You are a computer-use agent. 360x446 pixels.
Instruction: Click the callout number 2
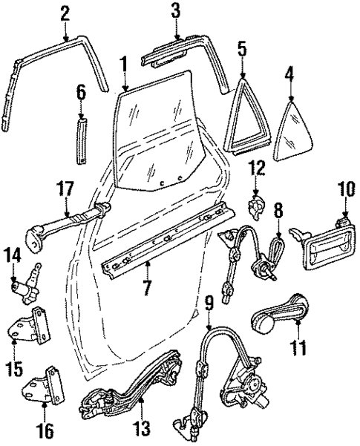[x=65, y=13]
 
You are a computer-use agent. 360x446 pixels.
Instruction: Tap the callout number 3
[x=175, y=11]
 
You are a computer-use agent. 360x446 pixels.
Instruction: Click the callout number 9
[x=209, y=303]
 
